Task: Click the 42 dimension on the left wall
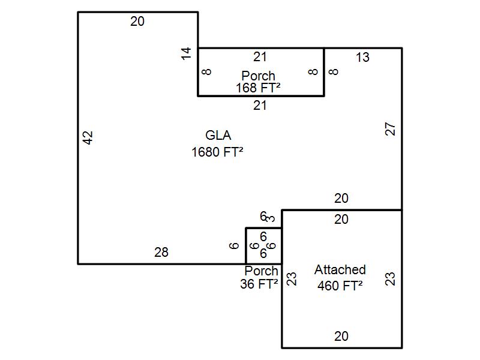coord(88,138)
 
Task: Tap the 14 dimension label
coord(187,53)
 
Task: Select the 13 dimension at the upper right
coord(362,58)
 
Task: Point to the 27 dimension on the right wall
coord(391,129)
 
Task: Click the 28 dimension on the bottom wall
coord(161,253)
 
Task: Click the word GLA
coord(218,136)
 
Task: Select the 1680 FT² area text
coord(217,152)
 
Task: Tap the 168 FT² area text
coord(259,88)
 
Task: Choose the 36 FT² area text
coord(259,284)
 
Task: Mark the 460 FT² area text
coord(340,286)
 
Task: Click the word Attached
coord(340,270)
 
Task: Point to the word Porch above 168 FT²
coord(259,76)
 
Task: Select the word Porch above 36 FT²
coord(262,271)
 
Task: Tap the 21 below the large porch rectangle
coord(260,106)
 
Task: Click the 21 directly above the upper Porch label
coord(260,57)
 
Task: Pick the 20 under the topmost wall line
coord(137,22)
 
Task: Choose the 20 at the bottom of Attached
coord(341,337)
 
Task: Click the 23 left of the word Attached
coord(292,278)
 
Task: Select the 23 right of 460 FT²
coord(391,278)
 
